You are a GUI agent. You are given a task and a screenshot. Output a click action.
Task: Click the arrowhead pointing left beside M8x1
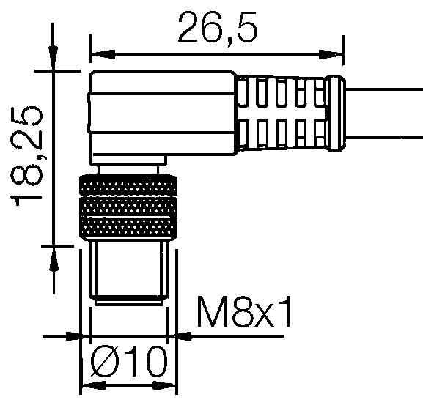[180, 337]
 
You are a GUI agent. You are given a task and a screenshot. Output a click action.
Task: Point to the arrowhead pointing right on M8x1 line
[73, 337]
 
